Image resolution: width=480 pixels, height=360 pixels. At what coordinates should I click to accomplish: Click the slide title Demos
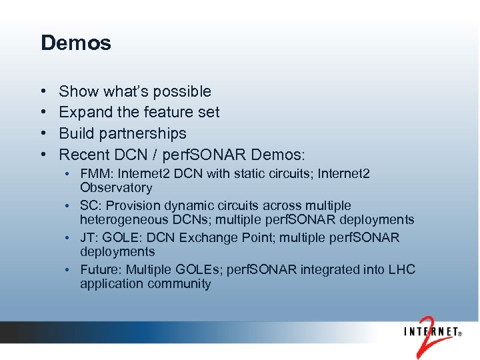[75, 43]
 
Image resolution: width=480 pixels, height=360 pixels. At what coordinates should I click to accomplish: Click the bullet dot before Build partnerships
[43, 133]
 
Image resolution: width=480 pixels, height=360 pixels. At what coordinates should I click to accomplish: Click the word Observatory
[116, 188]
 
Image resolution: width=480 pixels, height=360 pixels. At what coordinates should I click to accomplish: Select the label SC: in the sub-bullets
[89, 206]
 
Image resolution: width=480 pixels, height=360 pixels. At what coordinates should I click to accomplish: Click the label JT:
[89, 238]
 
